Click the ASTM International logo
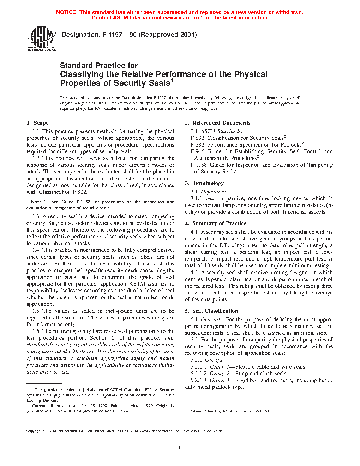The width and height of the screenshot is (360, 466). pos(41,38)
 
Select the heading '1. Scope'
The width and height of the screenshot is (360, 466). pos(37,123)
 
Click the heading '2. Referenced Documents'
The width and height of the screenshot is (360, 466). pos(217,123)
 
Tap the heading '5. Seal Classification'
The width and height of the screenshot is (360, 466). pos(211,311)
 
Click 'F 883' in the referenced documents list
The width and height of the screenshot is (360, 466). pos(197,145)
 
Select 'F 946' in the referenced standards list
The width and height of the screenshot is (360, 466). pos(197,151)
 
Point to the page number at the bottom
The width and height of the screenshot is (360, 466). pos(180,448)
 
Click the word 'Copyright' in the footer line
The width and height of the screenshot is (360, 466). pos(34,431)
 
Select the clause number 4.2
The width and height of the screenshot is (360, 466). pos(194,273)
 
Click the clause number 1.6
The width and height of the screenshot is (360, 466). pos(36,331)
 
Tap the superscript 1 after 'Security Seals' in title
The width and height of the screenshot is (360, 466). pos(172,80)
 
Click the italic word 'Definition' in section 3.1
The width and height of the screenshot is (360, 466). pos(213,192)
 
